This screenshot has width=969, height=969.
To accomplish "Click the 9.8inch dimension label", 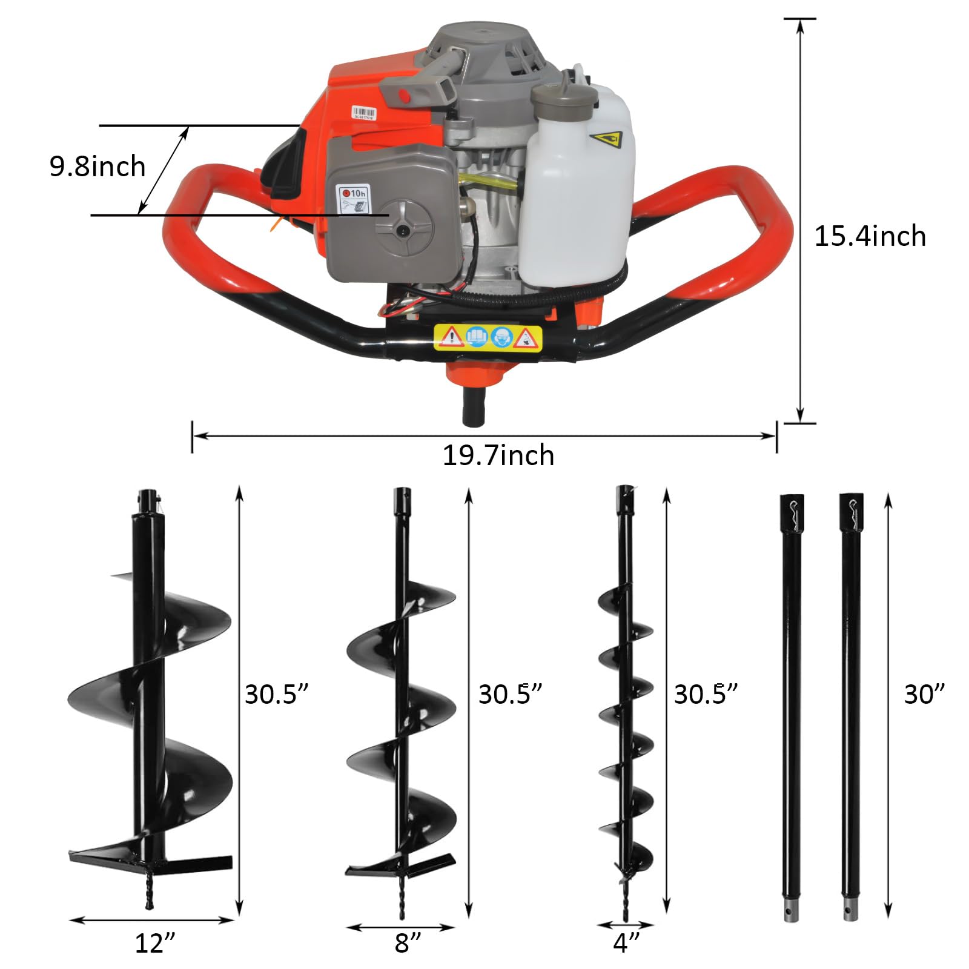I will tap(97, 167).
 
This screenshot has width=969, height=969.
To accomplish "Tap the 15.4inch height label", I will tap(870, 236).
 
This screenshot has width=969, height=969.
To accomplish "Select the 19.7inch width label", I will tap(498, 455).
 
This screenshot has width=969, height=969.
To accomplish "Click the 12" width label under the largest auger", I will tap(155, 943).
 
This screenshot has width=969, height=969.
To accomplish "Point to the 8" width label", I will tap(408, 943).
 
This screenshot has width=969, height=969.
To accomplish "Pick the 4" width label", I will tap(626, 942).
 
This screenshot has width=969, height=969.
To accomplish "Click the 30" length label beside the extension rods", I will tap(924, 694).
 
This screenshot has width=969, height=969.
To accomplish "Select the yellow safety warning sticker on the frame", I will tap(488, 337).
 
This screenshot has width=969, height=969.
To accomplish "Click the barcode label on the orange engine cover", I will tap(364, 113).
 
